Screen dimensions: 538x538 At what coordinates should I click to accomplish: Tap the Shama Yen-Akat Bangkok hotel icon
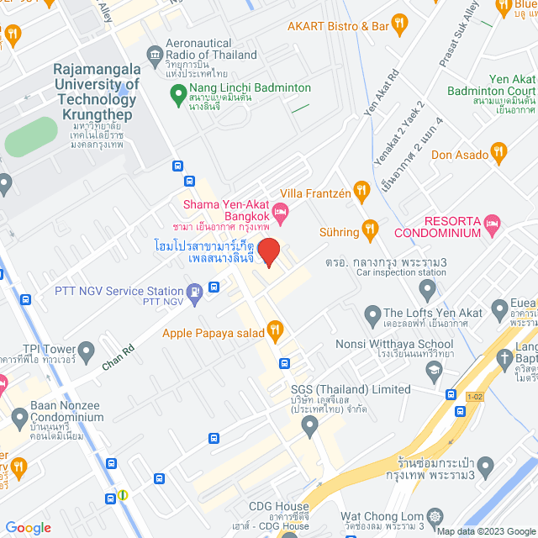pos(281,209)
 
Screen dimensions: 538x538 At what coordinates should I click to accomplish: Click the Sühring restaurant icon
pos(369,229)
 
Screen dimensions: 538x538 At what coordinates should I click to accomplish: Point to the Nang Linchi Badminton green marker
pos(177,97)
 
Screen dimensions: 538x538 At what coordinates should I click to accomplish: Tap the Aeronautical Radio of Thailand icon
pos(155,55)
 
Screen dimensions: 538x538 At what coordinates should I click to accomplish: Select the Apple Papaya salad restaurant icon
pos(274,331)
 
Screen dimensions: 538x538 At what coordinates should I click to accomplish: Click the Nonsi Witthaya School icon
pos(434,369)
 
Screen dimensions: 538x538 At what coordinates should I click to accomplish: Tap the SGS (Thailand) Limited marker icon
pos(310,426)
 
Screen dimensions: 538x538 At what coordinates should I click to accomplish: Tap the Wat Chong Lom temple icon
pos(435,516)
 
